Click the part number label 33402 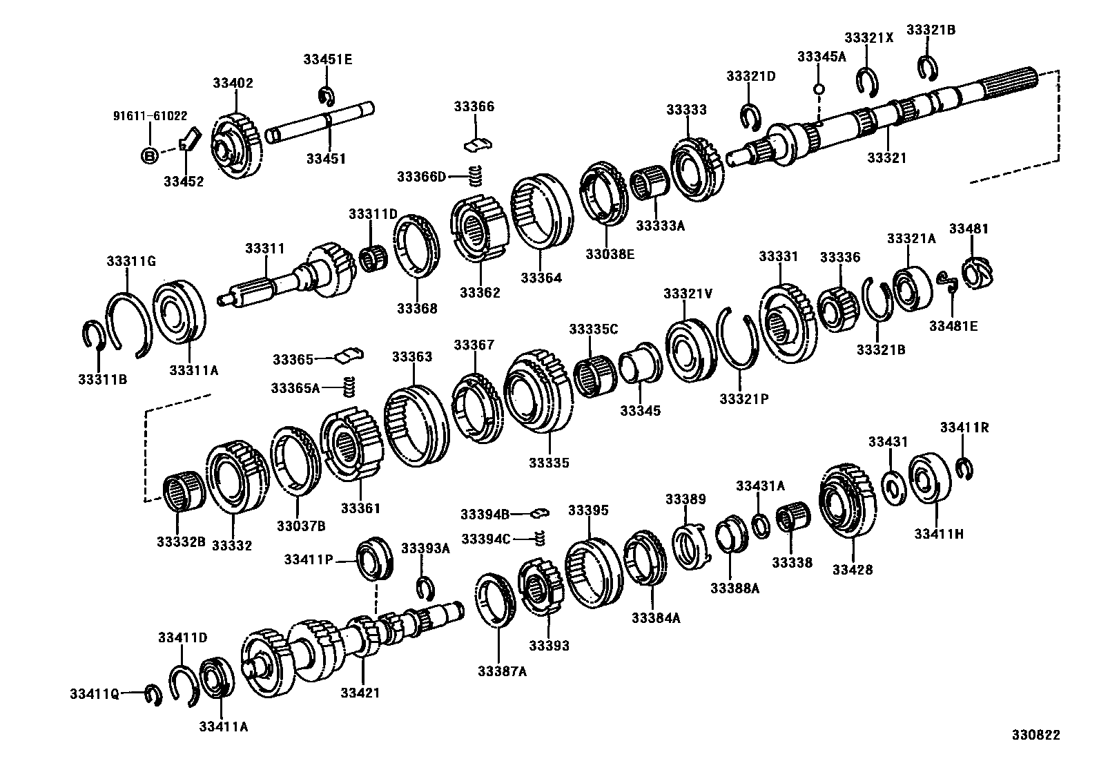233,83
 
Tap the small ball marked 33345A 819,88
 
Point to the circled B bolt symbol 149,155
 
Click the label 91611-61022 150,116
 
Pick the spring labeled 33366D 474,176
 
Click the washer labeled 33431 892,488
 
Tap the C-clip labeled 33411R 965,468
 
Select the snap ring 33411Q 153,695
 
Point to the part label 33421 360,693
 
